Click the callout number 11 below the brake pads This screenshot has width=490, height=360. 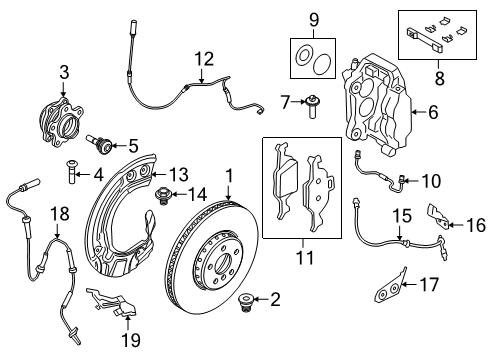coord(299,260)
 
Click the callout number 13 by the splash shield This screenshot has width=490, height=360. coord(177,173)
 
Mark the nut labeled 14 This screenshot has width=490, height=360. coord(157,193)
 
